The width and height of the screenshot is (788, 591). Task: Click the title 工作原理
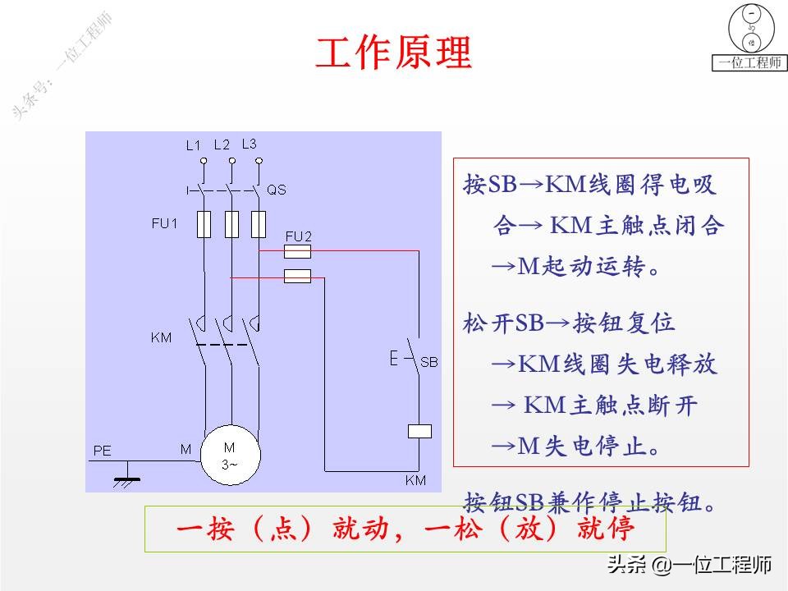(x=394, y=53)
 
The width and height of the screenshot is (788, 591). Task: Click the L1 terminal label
(x=193, y=145)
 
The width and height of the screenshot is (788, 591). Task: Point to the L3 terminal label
(x=250, y=144)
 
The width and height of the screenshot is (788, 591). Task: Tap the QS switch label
(x=277, y=190)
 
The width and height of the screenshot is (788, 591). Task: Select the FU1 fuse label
(x=164, y=222)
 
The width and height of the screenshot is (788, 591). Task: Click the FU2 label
(x=298, y=236)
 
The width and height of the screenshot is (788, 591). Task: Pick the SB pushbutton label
(x=429, y=361)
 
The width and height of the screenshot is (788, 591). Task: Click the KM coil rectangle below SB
(x=419, y=430)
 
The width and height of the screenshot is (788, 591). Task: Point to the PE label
(x=102, y=451)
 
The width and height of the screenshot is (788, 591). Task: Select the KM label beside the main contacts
(x=162, y=337)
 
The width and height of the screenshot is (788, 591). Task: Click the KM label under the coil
(x=415, y=480)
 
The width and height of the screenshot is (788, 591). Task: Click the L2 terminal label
(x=222, y=144)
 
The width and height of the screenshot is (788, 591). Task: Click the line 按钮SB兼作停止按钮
(x=591, y=501)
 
